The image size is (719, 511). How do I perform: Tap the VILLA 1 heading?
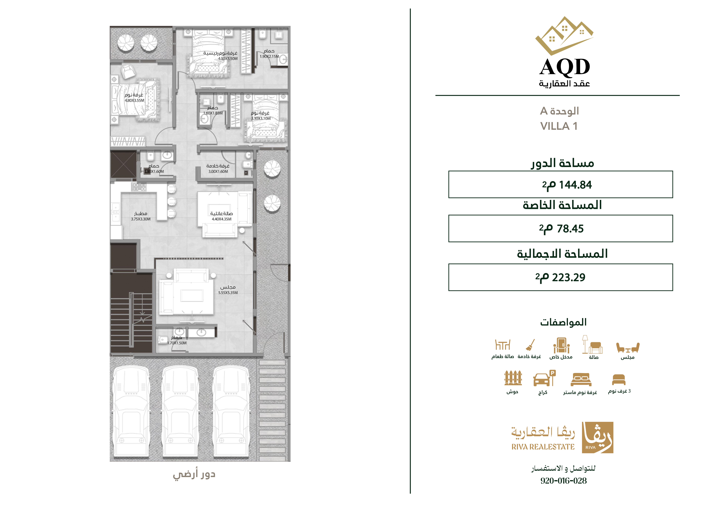[x=559, y=126]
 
